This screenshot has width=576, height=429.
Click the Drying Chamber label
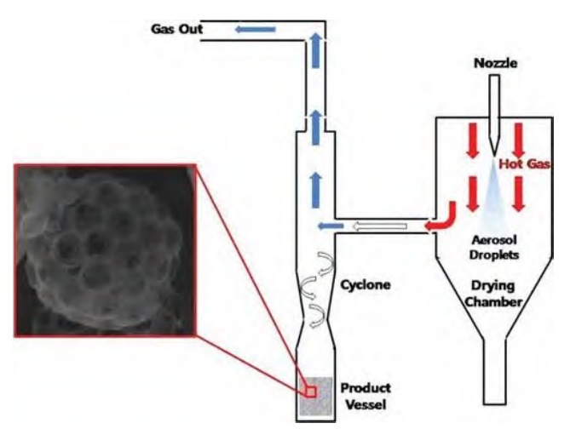496,294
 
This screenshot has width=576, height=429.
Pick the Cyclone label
364,284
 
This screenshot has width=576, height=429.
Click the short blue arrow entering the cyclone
331,226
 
